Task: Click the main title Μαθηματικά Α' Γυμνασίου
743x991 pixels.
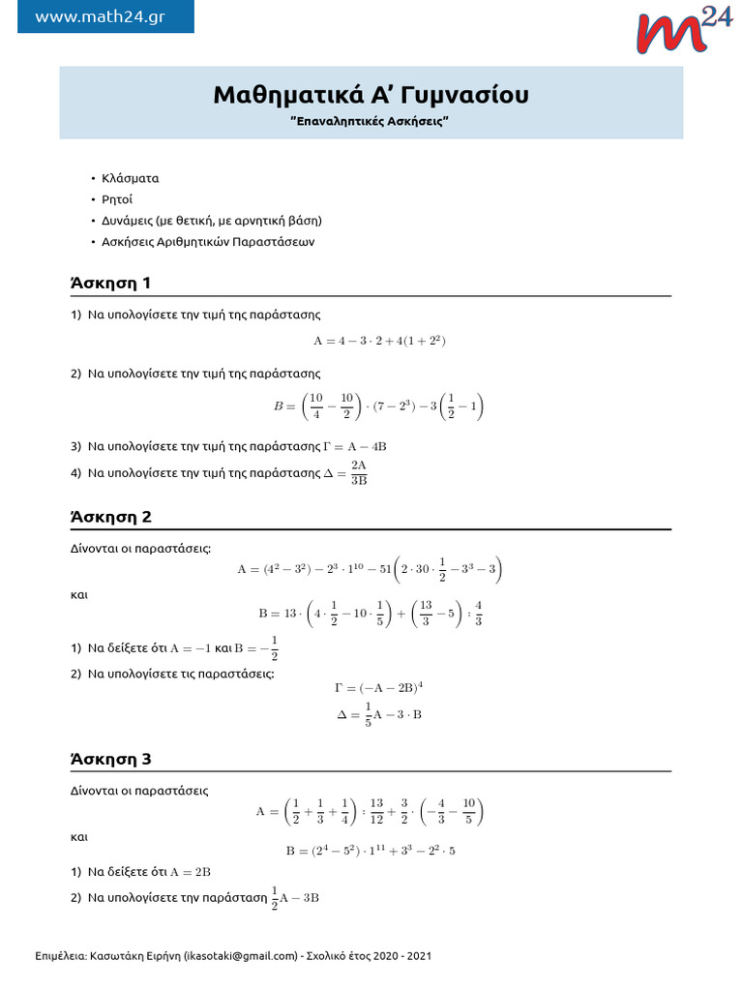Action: (371, 95)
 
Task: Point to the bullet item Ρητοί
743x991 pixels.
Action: (119, 200)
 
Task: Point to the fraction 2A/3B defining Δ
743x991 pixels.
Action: (359, 472)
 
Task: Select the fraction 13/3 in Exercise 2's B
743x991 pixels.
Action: (427, 613)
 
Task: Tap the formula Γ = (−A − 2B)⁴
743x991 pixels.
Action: (378, 688)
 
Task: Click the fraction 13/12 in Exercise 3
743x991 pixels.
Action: (377, 811)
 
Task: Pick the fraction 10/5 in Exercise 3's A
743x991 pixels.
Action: (469, 811)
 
